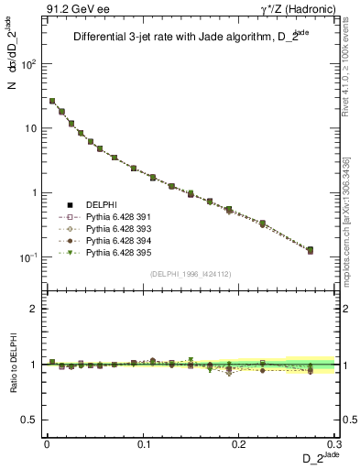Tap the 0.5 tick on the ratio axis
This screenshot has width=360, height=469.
pyautogui.click(x=30, y=420)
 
